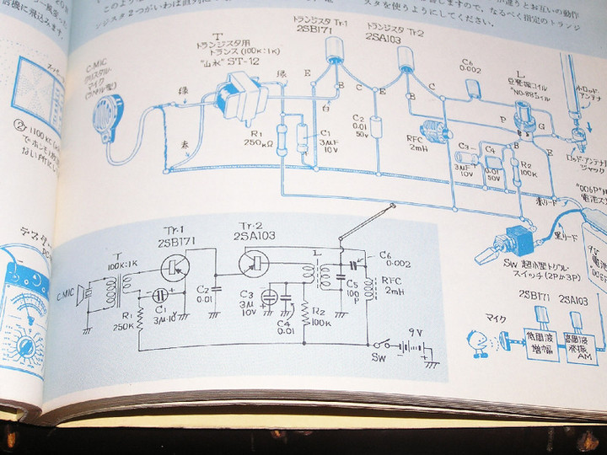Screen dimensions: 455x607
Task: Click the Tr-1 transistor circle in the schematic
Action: (x=175, y=267)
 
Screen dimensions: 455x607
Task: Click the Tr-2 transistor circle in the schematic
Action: (x=252, y=265)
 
